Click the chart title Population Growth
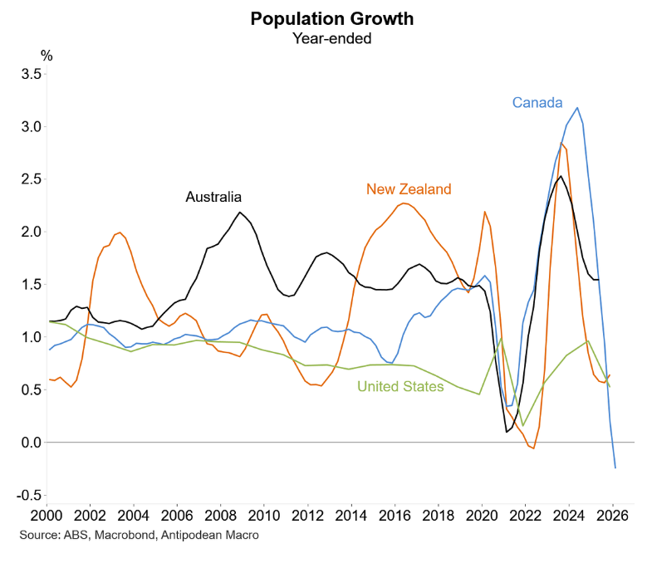click(322, 18)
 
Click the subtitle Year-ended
click(322, 37)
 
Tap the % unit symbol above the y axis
click(47, 56)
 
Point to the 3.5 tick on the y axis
click(31, 74)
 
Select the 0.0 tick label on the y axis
click(31, 443)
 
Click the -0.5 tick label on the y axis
click(29, 495)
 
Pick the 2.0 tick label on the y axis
click(31, 232)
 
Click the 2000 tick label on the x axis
click(47, 514)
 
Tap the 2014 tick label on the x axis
click(351, 514)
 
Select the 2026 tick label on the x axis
click(613, 514)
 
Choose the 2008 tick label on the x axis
click(221, 514)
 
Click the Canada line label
click(537, 103)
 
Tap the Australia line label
click(213, 197)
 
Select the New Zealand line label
click(409, 188)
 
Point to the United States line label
click(400, 386)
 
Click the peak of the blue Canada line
click(577, 107)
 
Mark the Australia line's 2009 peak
click(240, 213)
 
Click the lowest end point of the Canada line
click(615, 468)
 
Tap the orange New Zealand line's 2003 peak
click(120, 233)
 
